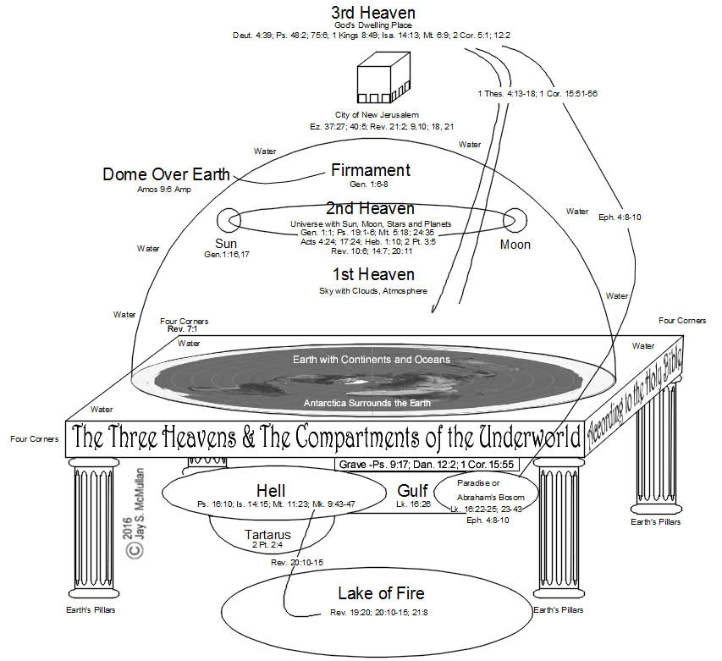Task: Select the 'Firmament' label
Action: [370, 170]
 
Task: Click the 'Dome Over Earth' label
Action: [166, 174]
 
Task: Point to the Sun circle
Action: [228, 220]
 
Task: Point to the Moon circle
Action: [514, 221]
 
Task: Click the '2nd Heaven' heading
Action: [370, 208]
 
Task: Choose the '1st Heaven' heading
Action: [370, 274]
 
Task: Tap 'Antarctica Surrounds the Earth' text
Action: [367, 403]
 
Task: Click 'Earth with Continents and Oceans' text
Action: [371, 360]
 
